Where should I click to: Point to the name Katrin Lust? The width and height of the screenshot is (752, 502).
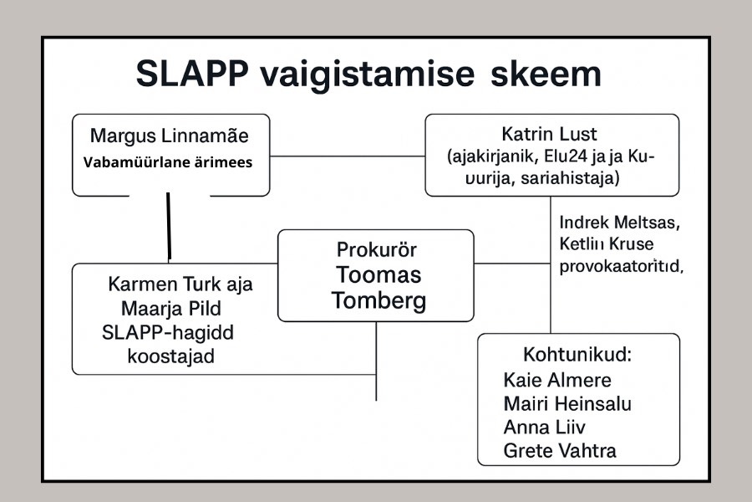pos(551,133)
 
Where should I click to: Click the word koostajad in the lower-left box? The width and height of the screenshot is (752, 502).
pos(170,356)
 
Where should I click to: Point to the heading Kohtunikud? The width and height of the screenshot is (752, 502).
pos(577,354)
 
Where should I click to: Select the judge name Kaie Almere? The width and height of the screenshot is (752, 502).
pos(557,380)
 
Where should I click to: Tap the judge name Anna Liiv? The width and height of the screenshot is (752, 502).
pos(544,428)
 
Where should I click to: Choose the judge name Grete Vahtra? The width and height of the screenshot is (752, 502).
pos(560,452)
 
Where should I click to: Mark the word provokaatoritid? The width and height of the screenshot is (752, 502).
pos(617,267)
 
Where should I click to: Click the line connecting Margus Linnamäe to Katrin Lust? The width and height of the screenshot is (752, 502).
pos(347,156)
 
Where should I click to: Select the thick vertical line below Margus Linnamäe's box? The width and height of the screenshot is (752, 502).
pos(169,226)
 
